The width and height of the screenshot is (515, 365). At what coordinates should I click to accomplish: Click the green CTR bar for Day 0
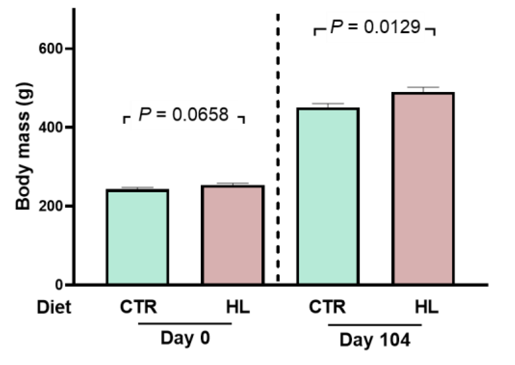tap(137, 237)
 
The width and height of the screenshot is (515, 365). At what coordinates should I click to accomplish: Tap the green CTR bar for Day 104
tap(328, 196)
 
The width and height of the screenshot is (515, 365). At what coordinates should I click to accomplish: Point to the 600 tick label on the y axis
tap(50, 49)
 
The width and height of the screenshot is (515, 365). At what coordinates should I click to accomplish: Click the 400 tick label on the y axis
tap(50, 128)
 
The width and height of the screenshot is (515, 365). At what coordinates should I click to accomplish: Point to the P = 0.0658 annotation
tap(184, 115)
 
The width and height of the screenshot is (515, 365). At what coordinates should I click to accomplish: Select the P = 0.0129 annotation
tap(375, 27)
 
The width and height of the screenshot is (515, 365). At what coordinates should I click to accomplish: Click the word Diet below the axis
tap(54, 307)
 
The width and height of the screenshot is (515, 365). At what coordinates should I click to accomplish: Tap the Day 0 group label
tap(185, 338)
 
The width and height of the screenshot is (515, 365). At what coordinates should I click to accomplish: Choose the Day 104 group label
tap(375, 340)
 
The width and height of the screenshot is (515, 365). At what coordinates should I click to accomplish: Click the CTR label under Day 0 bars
tap(138, 307)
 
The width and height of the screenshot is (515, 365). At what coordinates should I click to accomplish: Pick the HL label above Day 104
tap(426, 307)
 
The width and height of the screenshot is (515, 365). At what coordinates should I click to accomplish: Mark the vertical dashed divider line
tap(278, 147)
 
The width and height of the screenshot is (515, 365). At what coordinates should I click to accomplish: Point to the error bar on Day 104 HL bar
tap(423, 89)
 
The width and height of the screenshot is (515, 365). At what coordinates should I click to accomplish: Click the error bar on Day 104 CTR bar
tap(328, 106)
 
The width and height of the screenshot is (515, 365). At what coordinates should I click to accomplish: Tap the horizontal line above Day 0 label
tap(185, 324)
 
